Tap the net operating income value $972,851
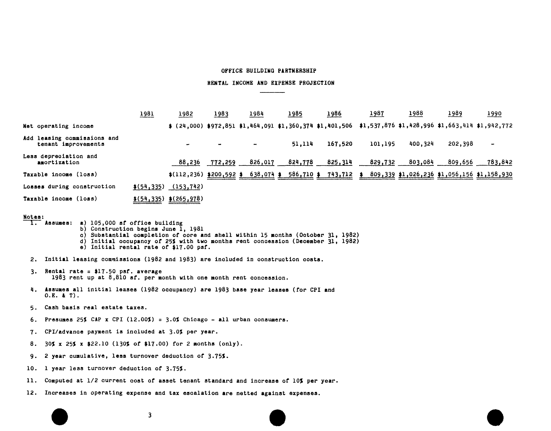pos(221,126)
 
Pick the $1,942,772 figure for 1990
pos(494,126)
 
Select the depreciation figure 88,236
pos(189,162)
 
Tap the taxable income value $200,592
pos(221,174)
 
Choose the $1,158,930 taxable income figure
pos(494,174)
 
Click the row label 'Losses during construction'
pos(69,187)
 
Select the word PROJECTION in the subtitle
pos(317,83)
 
